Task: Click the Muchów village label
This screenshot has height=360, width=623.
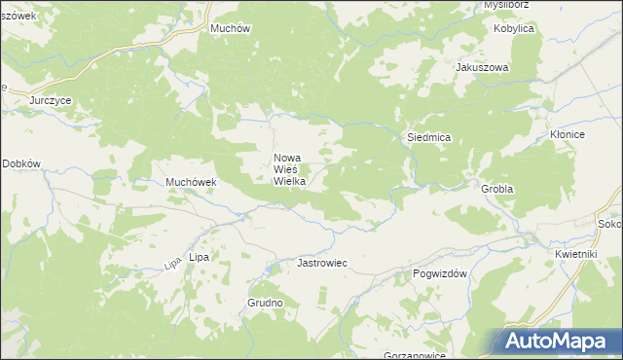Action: coord(231,28)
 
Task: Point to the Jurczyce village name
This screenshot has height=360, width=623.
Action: coord(51,100)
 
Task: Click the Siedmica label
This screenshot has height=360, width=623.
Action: coord(427,138)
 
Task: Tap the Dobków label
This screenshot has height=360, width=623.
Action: coord(21,164)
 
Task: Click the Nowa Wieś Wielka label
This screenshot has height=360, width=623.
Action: coord(290,169)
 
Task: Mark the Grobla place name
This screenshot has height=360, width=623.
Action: coord(496,187)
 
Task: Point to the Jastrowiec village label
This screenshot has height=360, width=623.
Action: coord(322,264)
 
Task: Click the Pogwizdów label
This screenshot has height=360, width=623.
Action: coord(442,273)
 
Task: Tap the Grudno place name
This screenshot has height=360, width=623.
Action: coord(265,303)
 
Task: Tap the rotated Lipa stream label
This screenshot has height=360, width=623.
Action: coord(172,262)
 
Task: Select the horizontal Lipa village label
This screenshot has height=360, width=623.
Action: coord(199,257)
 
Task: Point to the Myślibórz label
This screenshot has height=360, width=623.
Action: coord(506,5)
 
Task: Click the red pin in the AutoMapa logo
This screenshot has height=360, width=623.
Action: coord(517,340)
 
